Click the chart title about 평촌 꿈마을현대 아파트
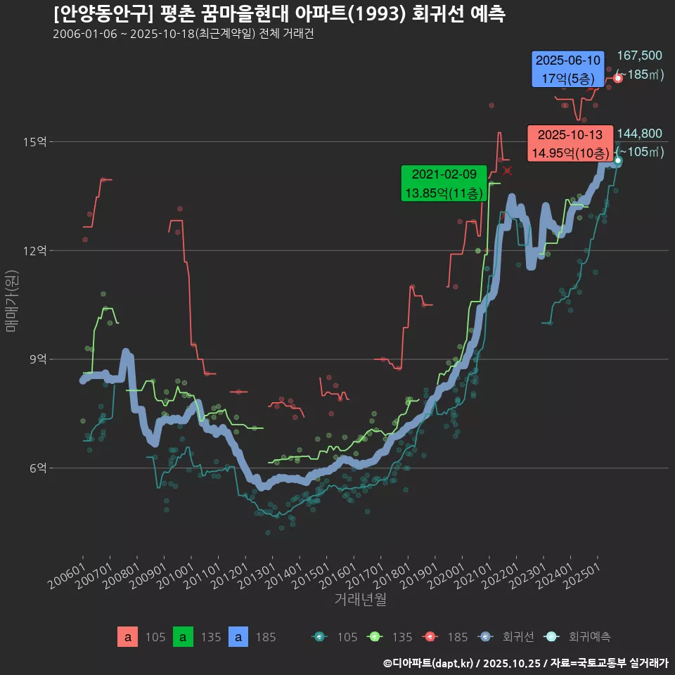pyautogui.click(x=278, y=14)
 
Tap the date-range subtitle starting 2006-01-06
pyautogui.click(x=183, y=34)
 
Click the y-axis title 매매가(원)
pyautogui.click(x=12, y=300)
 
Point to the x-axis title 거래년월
pyautogui.click(x=360, y=599)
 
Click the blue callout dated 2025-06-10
pyautogui.click(x=568, y=69)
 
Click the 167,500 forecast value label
pyautogui.click(x=639, y=56)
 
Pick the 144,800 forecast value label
pyautogui.click(x=639, y=134)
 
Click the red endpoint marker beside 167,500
pyautogui.click(x=617, y=78)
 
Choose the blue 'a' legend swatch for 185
pyautogui.click(x=240, y=637)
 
